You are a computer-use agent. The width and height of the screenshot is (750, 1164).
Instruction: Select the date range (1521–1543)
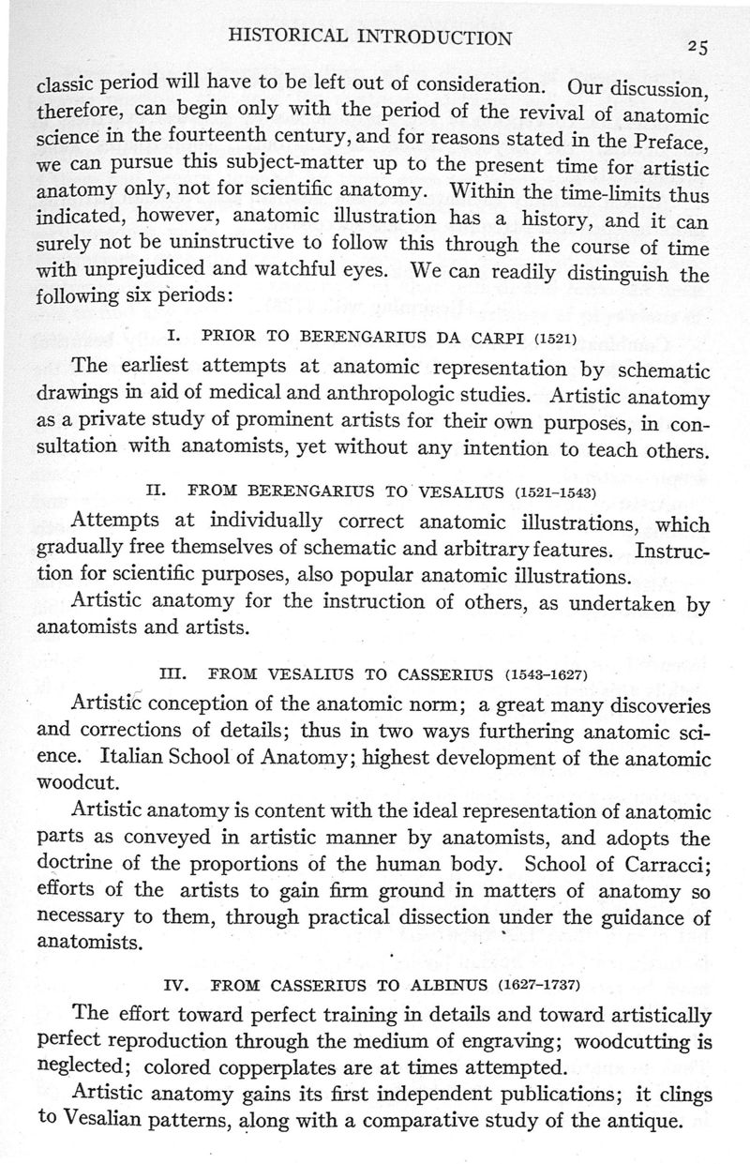click(556, 491)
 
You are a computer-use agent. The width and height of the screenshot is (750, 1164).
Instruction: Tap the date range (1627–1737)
click(538, 986)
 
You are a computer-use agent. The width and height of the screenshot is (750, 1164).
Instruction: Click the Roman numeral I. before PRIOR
click(172, 336)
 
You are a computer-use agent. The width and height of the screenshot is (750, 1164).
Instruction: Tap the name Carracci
click(665, 860)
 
